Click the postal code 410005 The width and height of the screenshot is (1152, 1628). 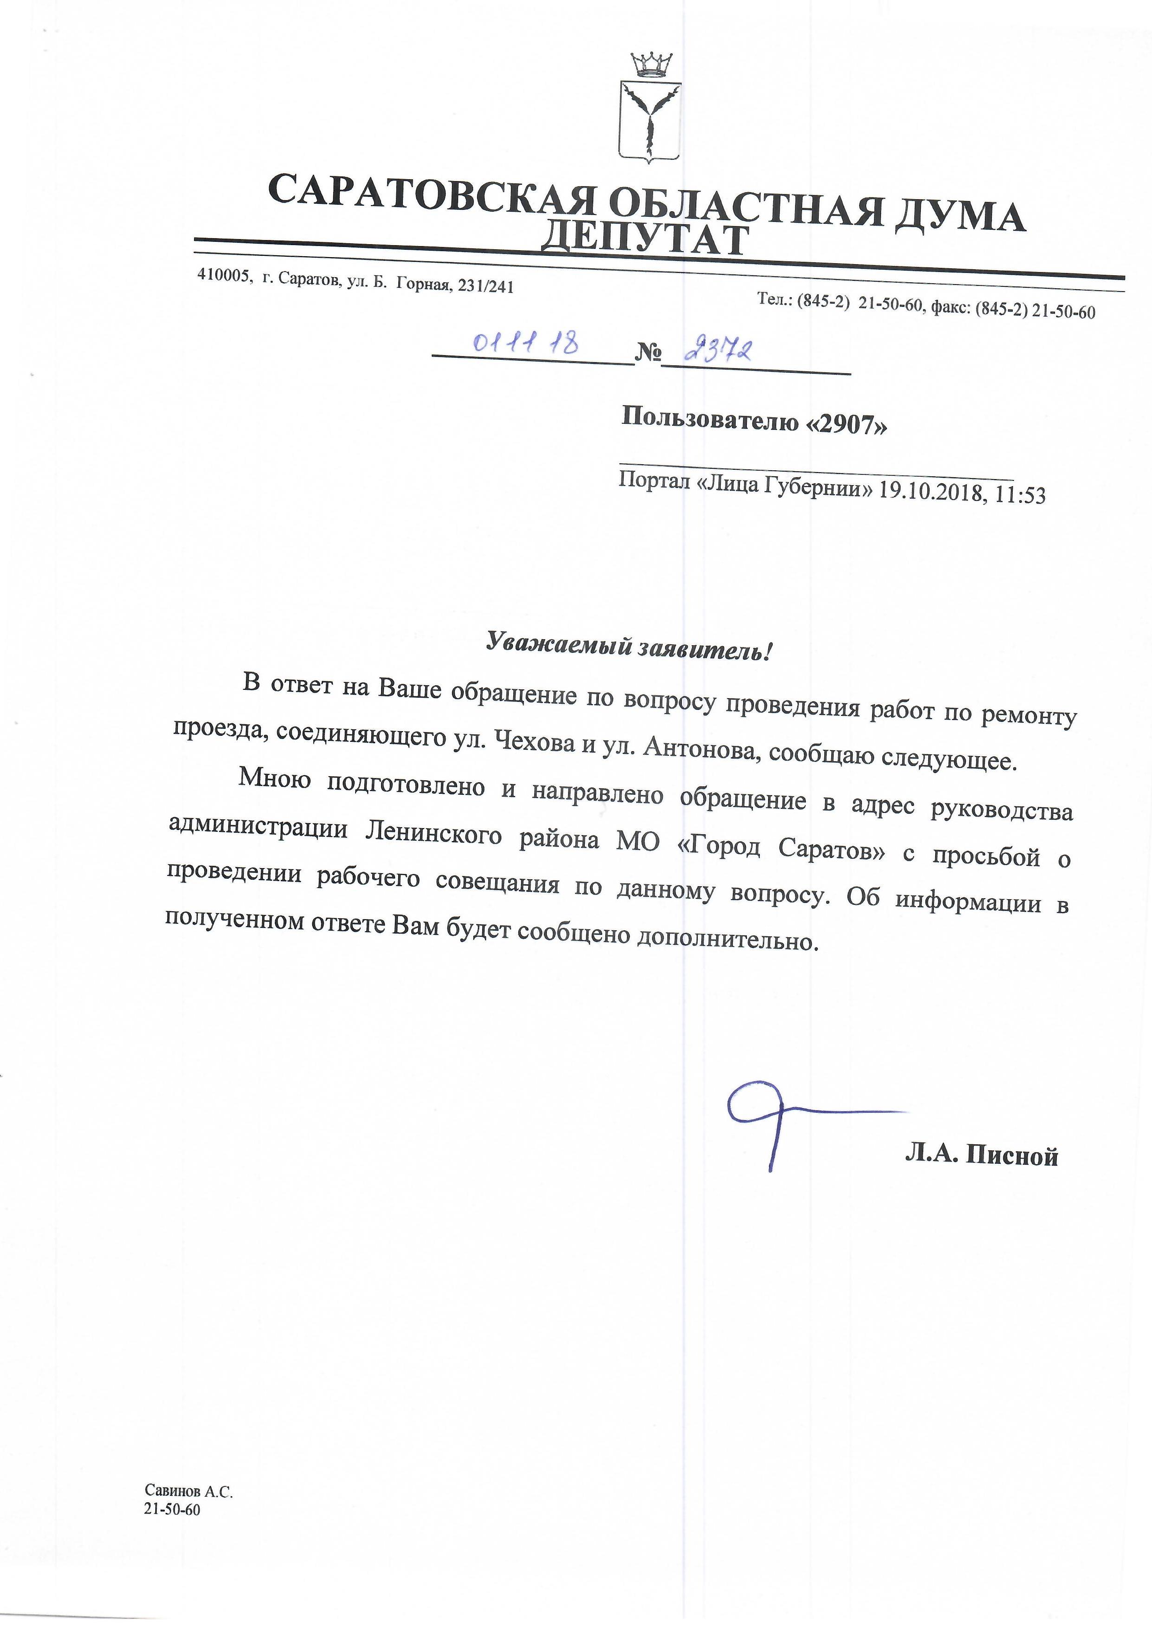224,276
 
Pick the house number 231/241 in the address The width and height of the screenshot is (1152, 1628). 486,286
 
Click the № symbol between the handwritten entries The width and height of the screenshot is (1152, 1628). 647,352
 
